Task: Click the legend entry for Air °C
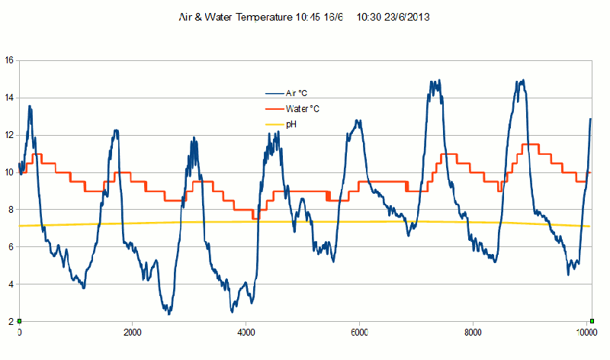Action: [x=297, y=92]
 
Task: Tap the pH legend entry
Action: [x=291, y=124]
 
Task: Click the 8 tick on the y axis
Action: [x=10, y=210]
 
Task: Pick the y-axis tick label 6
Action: [x=10, y=247]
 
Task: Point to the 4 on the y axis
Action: [x=10, y=284]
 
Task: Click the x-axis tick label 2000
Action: [x=132, y=333]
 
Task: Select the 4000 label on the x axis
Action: [x=246, y=333]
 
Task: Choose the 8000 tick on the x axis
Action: [x=473, y=333]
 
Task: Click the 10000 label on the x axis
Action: [x=586, y=333]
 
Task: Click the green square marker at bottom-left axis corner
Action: [x=19, y=321]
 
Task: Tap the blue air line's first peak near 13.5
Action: [x=30, y=107]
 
